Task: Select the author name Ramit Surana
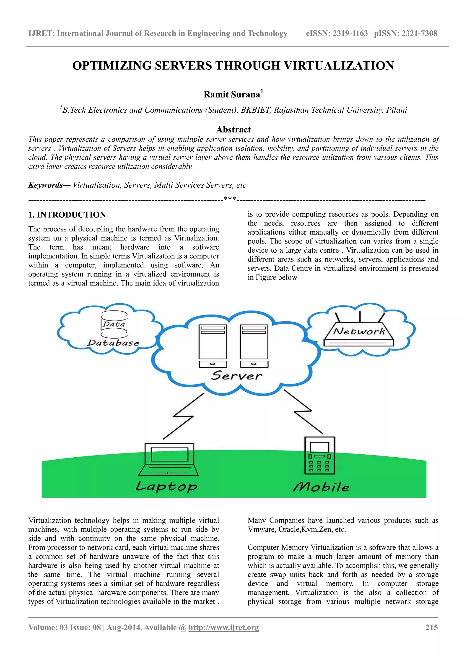point(232,95)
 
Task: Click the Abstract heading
point(233,130)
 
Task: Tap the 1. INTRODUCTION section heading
point(67,215)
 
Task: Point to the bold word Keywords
point(45,185)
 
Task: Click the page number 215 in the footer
point(432,627)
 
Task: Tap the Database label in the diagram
point(113,343)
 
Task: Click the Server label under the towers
point(236,376)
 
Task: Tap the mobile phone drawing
point(319,456)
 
